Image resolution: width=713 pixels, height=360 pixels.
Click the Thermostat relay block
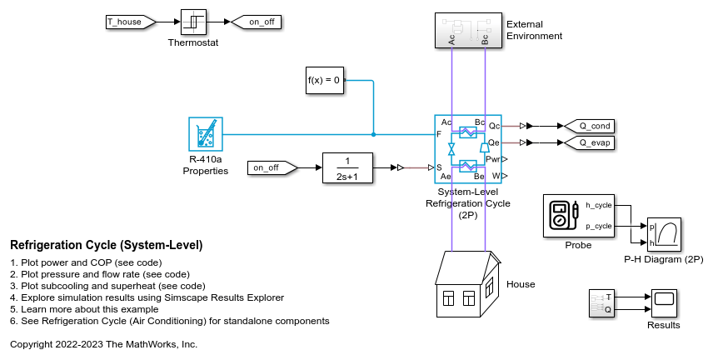pyautogui.click(x=194, y=22)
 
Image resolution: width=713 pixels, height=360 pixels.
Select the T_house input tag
pyautogui.click(x=131, y=22)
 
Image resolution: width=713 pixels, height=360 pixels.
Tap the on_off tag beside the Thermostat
pyautogui.click(x=257, y=22)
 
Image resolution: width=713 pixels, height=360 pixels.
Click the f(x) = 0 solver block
pyautogui.click(x=325, y=80)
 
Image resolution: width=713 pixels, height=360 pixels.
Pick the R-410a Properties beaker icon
pyautogui.click(x=206, y=134)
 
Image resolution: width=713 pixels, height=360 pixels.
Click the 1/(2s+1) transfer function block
pyautogui.click(x=347, y=168)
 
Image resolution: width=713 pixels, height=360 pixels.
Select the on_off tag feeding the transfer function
pyautogui.click(x=272, y=168)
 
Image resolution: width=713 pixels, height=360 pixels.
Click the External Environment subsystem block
pyautogui.click(x=468, y=31)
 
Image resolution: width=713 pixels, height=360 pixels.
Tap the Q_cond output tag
pyautogui.click(x=589, y=126)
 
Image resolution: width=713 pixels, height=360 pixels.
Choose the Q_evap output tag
pyautogui.click(x=589, y=142)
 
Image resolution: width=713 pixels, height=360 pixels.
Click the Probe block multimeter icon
pyautogui.click(x=563, y=216)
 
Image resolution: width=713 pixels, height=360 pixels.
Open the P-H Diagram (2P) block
pyautogui.click(x=664, y=235)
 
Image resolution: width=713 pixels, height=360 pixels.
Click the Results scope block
pyautogui.click(x=664, y=303)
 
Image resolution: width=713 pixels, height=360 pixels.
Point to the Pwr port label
pyautogui.click(x=492, y=159)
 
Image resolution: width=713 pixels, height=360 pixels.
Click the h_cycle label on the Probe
pyautogui.click(x=598, y=205)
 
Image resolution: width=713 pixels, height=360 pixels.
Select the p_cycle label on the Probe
pyautogui.click(x=598, y=226)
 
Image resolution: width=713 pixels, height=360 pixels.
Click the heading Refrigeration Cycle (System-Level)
pyautogui.click(x=107, y=245)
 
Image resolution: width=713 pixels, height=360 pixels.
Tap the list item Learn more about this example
pyautogui.click(x=84, y=309)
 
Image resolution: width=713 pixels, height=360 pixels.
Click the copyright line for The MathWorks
pyautogui.click(x=103, y=344)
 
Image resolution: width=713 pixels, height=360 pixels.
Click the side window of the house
pyautogui.click(x=489, y=289)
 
